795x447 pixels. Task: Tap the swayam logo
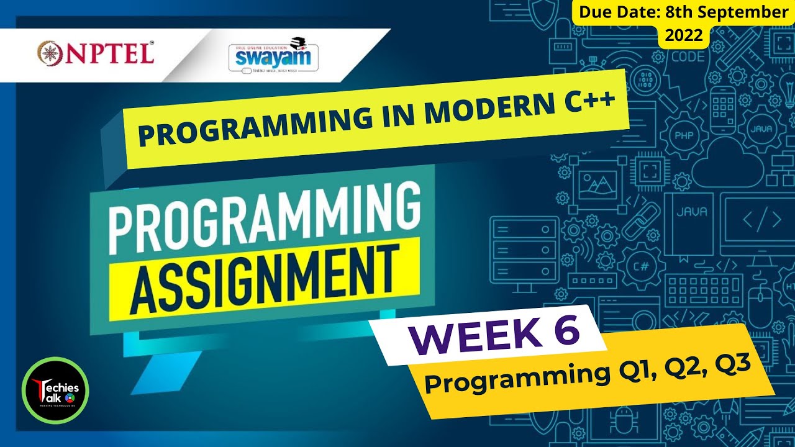pos(273,56)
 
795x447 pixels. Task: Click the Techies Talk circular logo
pos(55,391)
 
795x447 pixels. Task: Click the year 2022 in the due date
pos(683,36)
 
